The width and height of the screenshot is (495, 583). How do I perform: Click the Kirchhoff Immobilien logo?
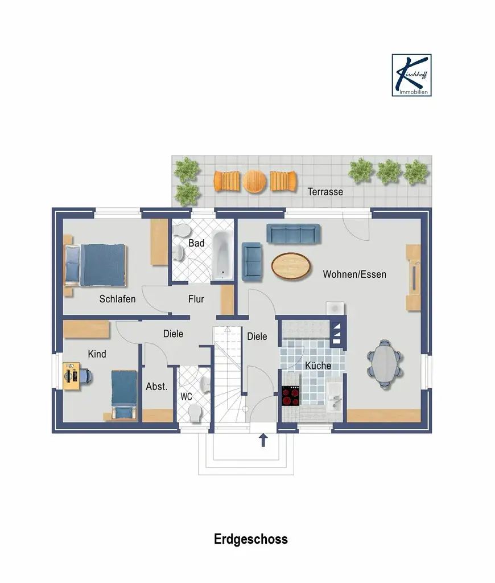tap(411, 75)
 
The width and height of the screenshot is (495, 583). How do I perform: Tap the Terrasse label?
tap(325, 192)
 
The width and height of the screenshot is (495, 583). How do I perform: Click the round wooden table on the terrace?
tap(254, 182)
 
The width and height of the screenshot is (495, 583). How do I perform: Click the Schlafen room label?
tap(117, 299)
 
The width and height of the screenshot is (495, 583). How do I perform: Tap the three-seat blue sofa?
tap(294, 234)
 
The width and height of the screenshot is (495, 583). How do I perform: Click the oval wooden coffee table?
tap(291, 265)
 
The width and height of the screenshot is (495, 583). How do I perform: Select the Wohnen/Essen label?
tap(354, 274)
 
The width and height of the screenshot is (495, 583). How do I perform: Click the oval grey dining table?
tap(385, 364)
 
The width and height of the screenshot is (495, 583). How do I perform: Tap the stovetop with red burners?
tap(291, 396)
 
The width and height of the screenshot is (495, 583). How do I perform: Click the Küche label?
tap(318, 366)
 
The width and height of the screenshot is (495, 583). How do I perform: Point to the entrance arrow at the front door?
tap(263, 440)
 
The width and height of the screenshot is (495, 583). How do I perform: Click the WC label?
tap(186, 397)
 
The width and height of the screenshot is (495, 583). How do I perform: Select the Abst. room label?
tap(156, 387)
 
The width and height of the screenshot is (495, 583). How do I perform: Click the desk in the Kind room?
tap(71, 376)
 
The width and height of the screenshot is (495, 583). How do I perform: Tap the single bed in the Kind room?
tap(124, 395)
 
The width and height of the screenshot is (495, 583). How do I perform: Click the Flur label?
tap(196, 299)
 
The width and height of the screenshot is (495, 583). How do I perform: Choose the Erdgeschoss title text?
tap(251, 540)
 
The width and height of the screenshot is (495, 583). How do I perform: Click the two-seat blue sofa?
tap(251, 261)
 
